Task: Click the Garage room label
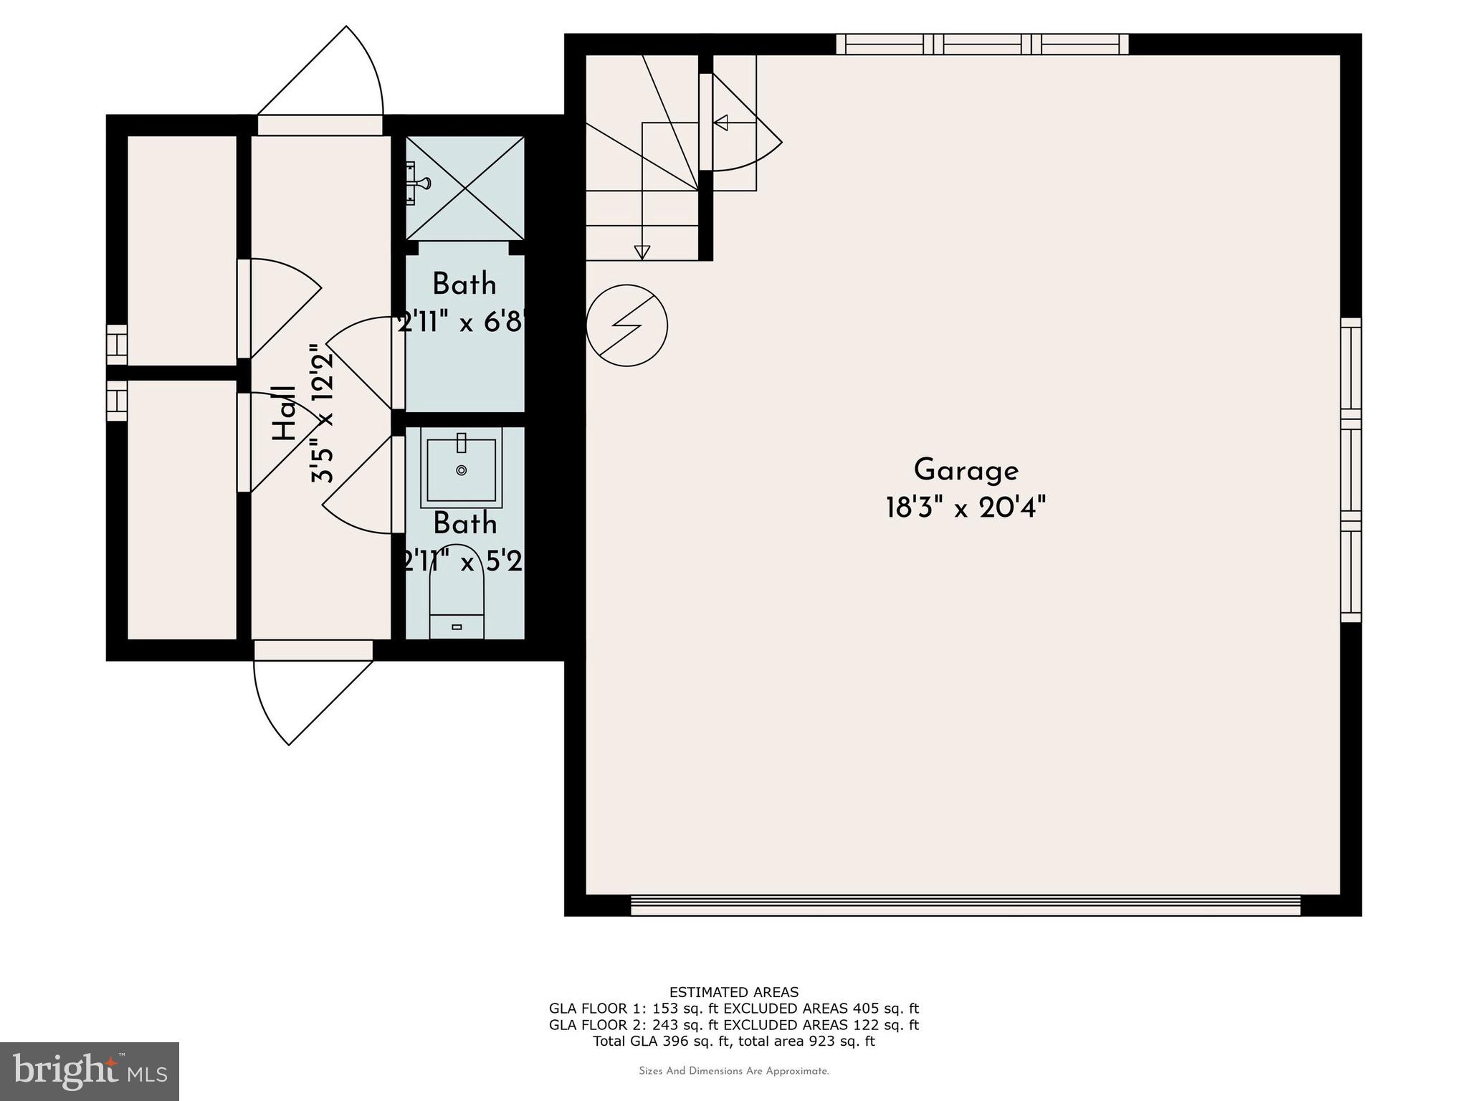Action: (x=966, y=471)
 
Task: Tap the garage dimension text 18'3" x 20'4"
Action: (x=966, y=508)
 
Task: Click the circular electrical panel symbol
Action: (x=626, y=325)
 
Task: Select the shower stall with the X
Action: (x=465, y=188)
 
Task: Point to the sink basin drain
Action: (x=462, y=470)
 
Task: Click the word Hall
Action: (x=285, y=414)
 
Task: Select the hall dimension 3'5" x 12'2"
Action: (x=323, y=414)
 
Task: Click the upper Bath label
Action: (x=464, y=285)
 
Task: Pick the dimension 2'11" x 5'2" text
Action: (x=464, y=561)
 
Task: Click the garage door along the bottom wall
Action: (x=965, y=905)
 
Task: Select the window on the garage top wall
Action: (x=982, y=44)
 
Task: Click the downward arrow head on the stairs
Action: (x=642, y=252)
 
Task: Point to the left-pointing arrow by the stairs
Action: (x=720, y=123)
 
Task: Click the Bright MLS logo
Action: (x=90, y=1071)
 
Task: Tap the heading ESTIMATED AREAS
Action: (x=733, y=993)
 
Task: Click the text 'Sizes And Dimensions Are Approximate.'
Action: (x=733, y=1072)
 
